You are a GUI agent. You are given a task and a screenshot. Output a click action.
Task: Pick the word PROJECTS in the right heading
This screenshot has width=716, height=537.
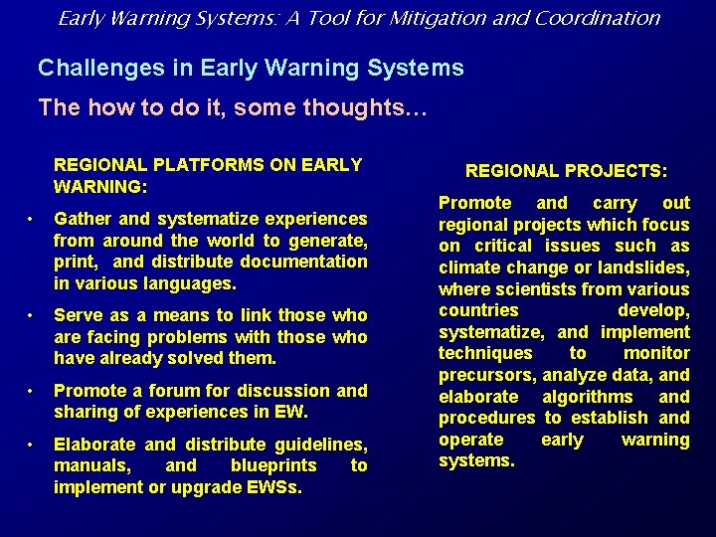[x=614, y=171]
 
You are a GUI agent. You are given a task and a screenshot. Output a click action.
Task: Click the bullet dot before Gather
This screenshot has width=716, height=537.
[x=33, y=219]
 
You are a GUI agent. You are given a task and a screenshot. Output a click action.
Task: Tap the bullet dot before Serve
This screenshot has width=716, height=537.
[x=33, y=315]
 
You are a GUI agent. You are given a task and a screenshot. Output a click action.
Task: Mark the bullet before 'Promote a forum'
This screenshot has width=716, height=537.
[x=33, y=391]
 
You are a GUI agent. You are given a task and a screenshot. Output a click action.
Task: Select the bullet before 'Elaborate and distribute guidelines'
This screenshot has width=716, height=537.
[x=33, y=445]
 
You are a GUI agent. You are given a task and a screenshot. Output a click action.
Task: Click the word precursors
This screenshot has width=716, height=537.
[x=486, y=375]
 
